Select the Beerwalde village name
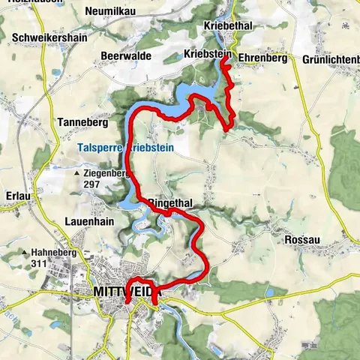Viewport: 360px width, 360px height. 126,55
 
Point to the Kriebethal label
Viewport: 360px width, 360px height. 228,25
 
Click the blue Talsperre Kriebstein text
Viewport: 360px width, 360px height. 125,148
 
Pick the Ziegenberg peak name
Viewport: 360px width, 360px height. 107,172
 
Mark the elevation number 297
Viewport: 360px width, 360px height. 92,184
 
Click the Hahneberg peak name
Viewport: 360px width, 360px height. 54,253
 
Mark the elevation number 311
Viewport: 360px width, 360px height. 40,264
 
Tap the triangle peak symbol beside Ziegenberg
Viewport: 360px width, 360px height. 76,173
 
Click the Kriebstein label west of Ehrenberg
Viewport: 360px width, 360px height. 206,54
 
